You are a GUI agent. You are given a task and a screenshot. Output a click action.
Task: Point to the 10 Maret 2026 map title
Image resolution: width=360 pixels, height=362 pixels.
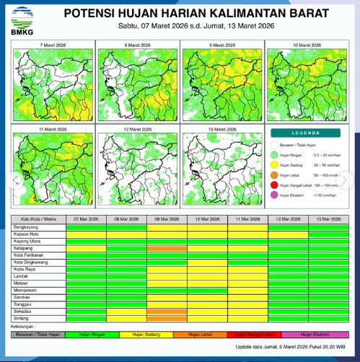point(307,45)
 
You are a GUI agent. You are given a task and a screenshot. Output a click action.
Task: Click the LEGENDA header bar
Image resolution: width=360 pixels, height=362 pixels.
point(306,133)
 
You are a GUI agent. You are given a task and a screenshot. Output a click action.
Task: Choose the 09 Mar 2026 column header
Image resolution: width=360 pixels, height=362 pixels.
point(167,218)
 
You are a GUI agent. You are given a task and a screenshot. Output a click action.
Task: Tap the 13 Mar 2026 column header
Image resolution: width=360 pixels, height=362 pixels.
point(328,218)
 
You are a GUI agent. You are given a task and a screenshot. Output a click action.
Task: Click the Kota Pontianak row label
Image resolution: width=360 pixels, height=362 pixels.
point(30,255)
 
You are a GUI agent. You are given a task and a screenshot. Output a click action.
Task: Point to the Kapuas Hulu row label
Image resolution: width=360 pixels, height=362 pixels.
point(27,234)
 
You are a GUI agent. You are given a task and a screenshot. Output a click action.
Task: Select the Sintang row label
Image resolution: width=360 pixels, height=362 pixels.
point(21,318)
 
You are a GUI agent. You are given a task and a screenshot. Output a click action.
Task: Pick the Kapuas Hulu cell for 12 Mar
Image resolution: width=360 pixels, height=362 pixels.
point(288,234)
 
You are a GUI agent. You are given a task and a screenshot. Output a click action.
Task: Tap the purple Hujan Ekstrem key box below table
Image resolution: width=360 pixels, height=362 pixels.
point(315,335)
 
